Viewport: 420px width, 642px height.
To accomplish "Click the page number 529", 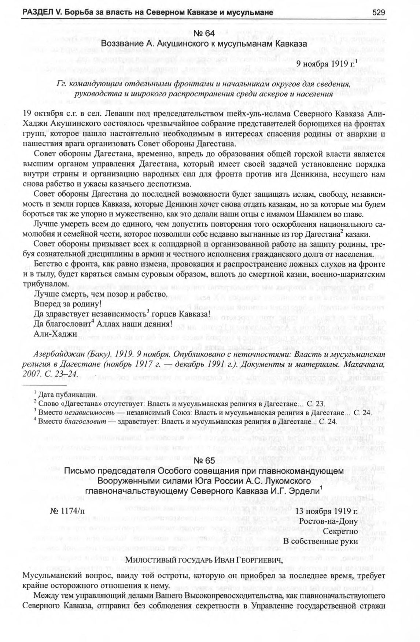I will (379, 12).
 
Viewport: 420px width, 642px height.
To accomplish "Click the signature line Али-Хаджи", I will (55, 334).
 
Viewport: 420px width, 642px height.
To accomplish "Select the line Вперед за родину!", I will (67, 304).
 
